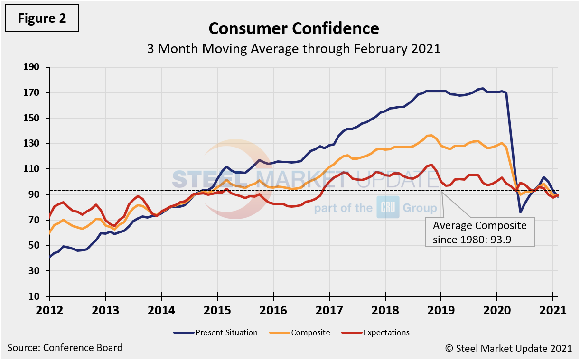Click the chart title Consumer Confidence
tap(294, 28)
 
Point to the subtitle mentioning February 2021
tap(294, 48)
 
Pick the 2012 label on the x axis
tap(49, 311)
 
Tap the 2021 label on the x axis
tap(553, 311)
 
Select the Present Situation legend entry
tap(215, 332)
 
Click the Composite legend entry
tap(306, 332)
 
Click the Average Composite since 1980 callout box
tap(480, 232)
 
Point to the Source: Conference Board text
tap(65, 348)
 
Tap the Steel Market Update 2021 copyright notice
tap(508, 348)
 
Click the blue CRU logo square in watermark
tap(388, 207)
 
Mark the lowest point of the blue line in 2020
tap(520, 212)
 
